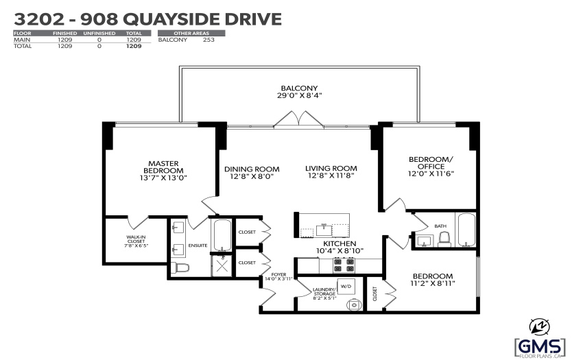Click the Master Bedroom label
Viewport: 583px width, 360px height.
click(x=164, y=167)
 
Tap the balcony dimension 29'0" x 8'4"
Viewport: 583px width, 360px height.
click(x=299, y=95)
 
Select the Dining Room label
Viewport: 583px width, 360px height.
click(x=252, y=169)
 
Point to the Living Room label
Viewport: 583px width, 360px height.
click(x=331, y=168)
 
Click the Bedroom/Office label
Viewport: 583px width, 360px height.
click(x=431, y=163)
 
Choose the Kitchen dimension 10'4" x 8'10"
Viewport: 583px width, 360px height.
click(x=340, y=251)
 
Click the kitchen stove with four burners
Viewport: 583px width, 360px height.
click(x=344, y=265)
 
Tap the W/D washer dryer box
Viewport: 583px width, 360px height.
click(x=346, y=287)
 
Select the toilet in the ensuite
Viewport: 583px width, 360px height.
click(x=180, y=267)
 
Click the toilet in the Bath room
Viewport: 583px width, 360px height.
click(x=444, y=239)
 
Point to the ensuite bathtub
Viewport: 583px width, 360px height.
click(x=222, y=235)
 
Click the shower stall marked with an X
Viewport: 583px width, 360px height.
click(x=222, y=265)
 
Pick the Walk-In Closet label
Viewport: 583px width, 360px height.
click(x=136, y=241)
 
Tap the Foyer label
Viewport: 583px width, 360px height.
click(x=278, y=274)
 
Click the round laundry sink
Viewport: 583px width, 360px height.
click(x=355, y=304)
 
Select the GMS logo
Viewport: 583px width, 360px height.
click(x=540, y=348)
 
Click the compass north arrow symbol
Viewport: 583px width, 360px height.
click(x=540, y=327)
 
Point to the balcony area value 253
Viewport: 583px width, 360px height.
click(x=209, y=40)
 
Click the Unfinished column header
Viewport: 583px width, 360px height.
click(x=99, y=33)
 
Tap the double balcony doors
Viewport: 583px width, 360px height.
click(x=298, y=119)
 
